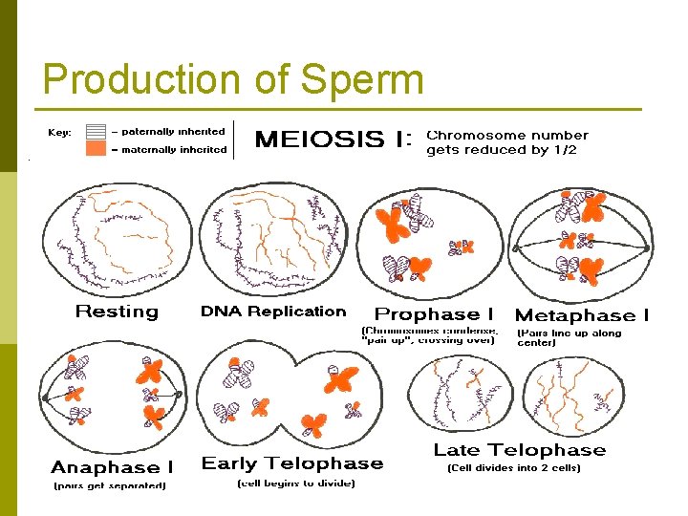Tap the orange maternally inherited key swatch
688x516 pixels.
click(96, 149)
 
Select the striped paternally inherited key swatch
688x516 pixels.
click(96, 132)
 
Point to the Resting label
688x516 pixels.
click(117, 312)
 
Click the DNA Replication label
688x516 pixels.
click(273, 312)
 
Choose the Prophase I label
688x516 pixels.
click(434, 314)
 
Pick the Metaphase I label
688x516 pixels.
click(582, 315)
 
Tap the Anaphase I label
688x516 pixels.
click(112, 467)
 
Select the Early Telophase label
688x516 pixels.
click(292, 463)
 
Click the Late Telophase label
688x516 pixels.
click(520, 450)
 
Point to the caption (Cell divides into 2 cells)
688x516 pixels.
click(514, 468)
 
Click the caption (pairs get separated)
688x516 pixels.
click(109, 485)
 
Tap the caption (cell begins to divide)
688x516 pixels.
click(295, 484)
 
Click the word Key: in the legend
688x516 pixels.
click(59, 133)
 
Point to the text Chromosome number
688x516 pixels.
click(506, 136)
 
